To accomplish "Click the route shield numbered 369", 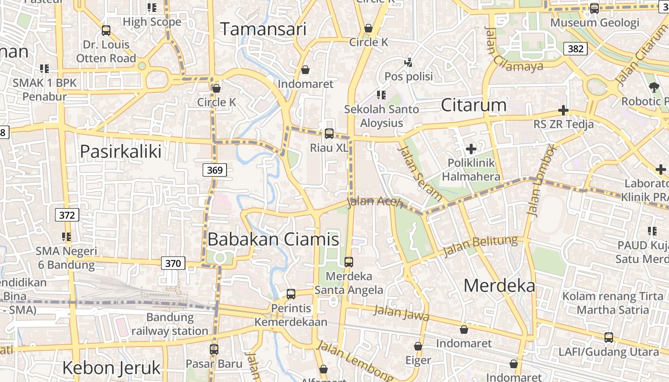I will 215,170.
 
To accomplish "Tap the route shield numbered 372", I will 67,215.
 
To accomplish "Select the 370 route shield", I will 173,263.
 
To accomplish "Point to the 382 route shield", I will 575,49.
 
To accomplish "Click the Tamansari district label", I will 263,30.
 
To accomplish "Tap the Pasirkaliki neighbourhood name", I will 120,151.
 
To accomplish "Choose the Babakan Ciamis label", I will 273,239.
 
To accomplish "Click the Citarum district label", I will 474,105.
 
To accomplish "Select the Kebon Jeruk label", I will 111,368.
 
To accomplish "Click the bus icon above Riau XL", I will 329,134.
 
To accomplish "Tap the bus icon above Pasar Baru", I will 214,349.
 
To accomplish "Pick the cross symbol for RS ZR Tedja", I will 563,111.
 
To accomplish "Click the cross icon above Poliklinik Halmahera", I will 471,149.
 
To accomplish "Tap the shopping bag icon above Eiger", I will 418,346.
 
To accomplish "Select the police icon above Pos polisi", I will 408,62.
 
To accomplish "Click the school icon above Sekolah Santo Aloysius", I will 381,95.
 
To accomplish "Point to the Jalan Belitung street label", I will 480,246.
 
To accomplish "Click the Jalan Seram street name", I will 420,173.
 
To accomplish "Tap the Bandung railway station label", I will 170,324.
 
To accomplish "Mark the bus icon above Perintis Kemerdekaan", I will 291,294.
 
